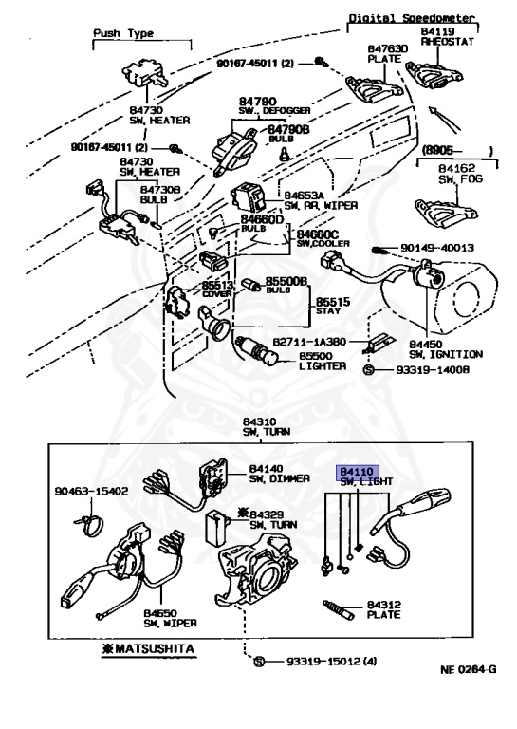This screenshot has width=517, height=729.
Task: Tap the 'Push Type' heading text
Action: [122, 32]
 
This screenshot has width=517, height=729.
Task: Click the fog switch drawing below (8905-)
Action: [446, 208]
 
